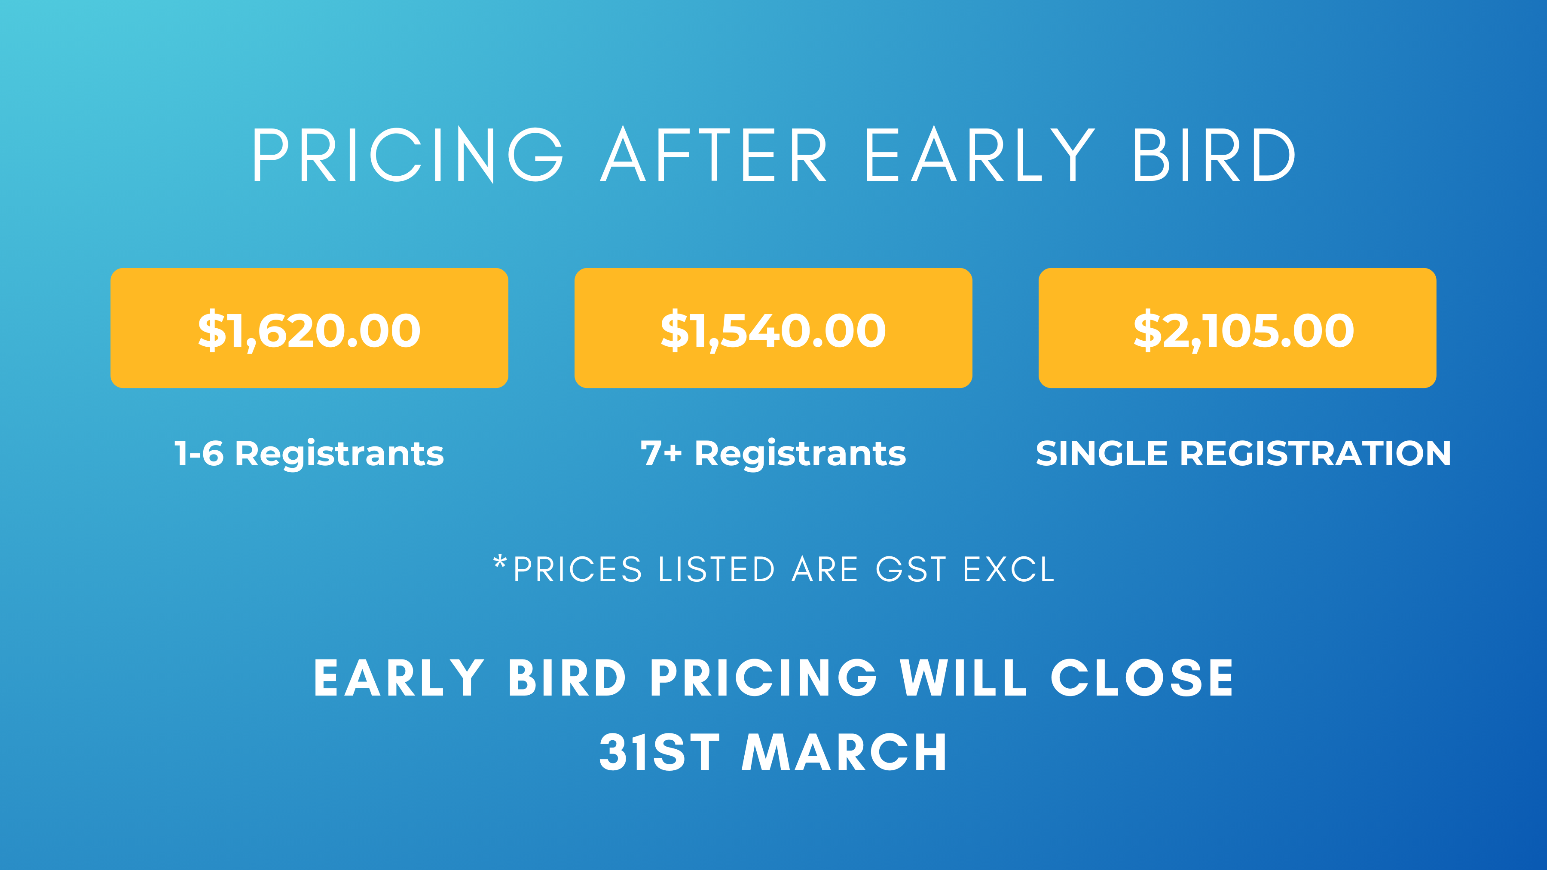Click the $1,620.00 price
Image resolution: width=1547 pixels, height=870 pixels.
309,331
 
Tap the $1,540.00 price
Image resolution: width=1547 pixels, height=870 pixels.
773,331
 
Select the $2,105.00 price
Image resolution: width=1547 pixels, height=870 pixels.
1244,331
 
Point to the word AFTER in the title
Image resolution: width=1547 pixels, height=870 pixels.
714,154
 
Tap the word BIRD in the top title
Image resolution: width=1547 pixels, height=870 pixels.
1214,154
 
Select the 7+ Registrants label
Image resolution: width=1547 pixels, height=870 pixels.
773,454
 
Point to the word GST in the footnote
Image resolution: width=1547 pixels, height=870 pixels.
911,569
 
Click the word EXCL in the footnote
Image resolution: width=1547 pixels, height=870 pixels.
1009,569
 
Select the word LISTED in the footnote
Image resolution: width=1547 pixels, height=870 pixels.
716,569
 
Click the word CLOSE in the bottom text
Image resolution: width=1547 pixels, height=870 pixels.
1142,678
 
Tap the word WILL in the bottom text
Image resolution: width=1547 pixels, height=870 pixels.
963,678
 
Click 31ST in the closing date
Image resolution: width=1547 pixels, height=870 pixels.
659,752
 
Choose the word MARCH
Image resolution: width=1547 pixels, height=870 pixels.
844,752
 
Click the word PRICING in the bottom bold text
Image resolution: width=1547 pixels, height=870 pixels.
763,678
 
